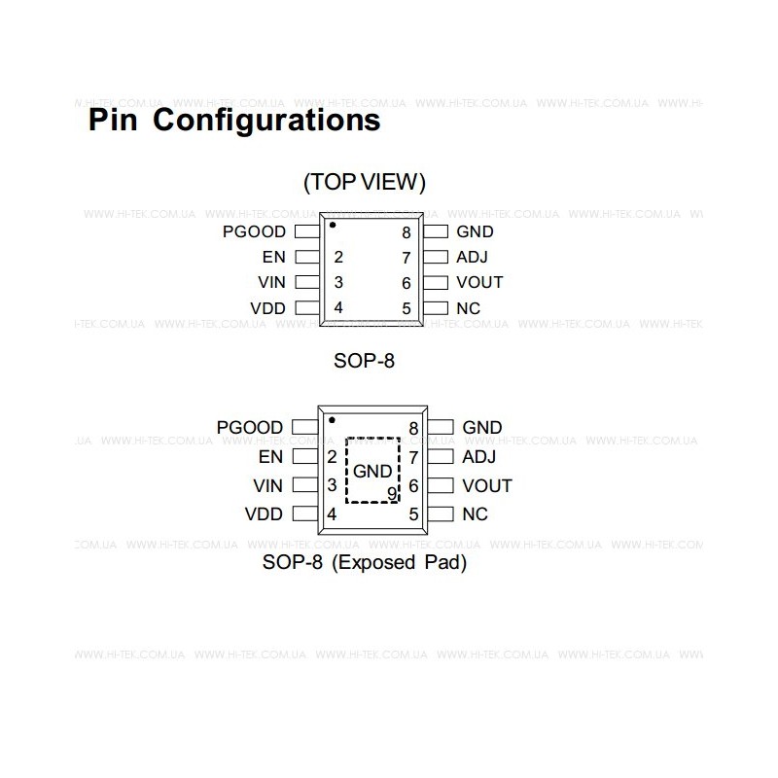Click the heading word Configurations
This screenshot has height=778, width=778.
266,121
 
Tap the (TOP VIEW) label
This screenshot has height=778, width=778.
364,182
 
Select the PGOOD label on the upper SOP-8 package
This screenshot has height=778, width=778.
254,231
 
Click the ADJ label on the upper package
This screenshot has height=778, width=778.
472,257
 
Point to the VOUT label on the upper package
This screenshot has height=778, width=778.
479,282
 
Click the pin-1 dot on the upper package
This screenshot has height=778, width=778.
333,225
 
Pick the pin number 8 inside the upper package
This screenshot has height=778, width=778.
407,232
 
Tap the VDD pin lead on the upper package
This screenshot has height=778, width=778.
307,308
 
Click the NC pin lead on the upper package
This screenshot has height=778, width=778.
436,308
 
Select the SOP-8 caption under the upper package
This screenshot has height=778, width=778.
364,361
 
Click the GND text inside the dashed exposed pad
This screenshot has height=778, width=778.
372,471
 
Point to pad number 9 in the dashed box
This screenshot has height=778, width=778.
392,493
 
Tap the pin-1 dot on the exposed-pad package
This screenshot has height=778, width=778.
332,420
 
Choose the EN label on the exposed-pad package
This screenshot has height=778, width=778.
270,456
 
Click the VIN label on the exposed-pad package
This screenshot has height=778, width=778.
268,485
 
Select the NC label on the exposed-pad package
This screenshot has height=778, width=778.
475,514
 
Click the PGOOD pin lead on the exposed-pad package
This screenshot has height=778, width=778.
305,427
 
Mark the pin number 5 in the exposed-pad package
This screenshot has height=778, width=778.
414,514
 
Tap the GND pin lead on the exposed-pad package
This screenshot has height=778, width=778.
441,427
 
